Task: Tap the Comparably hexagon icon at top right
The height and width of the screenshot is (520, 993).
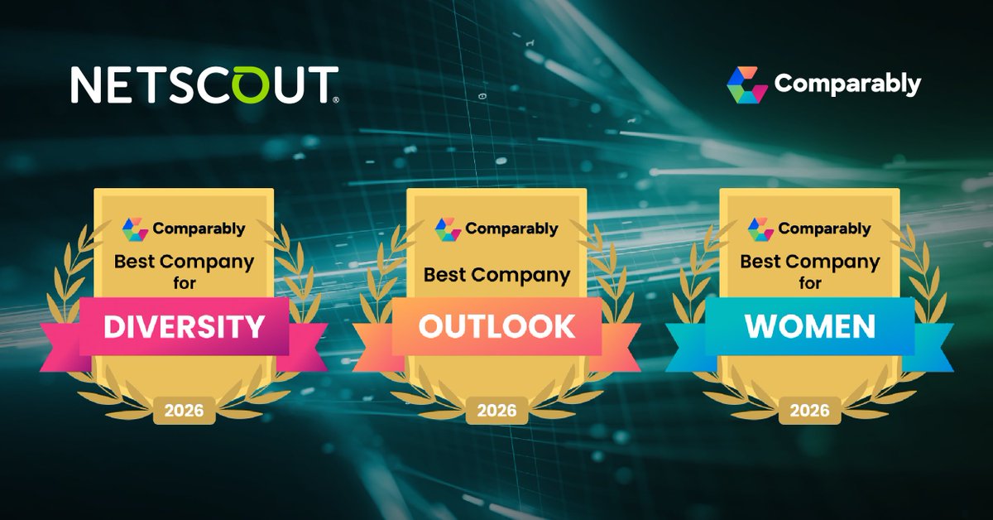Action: coord(747,84)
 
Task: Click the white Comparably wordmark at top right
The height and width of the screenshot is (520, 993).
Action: coord(847,84)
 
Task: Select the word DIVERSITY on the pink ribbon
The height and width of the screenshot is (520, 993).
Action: coord(184,326)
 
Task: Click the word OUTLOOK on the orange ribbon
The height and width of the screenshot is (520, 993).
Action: coord(497,326)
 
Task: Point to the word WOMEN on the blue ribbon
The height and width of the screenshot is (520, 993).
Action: coord(810,326)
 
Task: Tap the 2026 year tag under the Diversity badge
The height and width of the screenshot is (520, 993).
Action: coord(184,411)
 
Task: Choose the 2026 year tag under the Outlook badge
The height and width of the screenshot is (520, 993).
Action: coord(497,411)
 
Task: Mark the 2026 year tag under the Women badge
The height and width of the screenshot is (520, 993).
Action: coord(810,411)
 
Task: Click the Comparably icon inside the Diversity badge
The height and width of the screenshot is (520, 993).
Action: coord(135,229)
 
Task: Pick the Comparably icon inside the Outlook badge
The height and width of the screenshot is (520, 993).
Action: coord(448,229)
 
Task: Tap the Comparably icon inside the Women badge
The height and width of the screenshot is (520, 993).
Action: coord(760,229)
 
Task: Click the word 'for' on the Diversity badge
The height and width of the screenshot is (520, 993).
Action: coord(185,282)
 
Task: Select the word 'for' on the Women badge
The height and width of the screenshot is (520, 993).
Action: coord(810,282)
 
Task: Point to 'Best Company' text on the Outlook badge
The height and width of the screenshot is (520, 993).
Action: coord(497,276)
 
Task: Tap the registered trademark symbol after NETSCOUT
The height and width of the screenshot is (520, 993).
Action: coord(336,100)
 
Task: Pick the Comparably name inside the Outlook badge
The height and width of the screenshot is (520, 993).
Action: coord(511,229)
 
